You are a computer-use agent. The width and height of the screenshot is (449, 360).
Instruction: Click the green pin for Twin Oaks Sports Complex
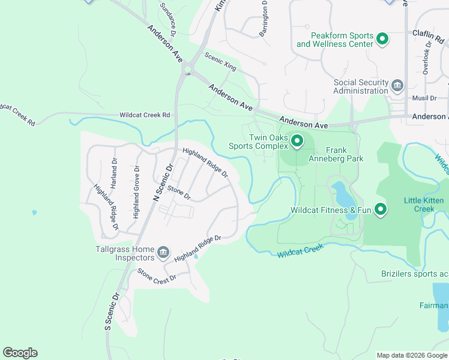click(x=297, y=142)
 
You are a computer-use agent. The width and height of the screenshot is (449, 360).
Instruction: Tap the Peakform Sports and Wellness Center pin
click(x=382, y=40)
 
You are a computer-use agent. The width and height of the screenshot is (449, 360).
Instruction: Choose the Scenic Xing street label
click(x=220, y=61)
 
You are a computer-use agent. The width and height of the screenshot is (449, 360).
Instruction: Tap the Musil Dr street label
click(x=424, y=98)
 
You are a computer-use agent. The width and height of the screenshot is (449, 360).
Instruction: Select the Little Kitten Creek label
click(x=424, y=205)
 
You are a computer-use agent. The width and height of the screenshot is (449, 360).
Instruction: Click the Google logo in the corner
click(x=20, y=352)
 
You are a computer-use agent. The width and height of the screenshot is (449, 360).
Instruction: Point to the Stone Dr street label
click(x=179, y=193)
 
